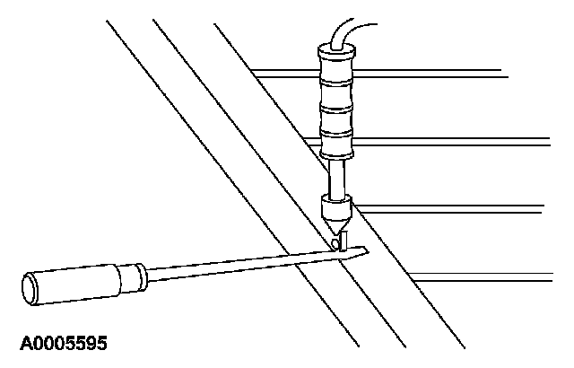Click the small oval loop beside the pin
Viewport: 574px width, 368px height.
(x=334, y=242)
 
